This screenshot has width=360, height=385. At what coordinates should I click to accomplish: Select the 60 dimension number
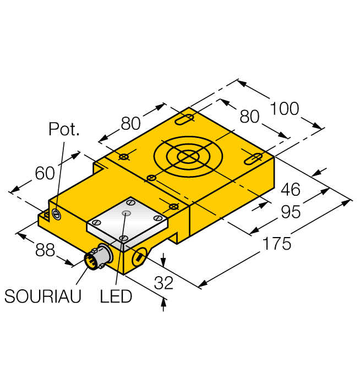coord(45,173)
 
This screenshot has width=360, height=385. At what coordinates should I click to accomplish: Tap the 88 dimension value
coord(45,250)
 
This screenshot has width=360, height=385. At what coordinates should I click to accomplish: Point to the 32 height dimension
coord(163,283)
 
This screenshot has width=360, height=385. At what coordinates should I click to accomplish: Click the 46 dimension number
coord(290,190)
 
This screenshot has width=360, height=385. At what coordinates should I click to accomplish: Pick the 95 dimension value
coord(290,212)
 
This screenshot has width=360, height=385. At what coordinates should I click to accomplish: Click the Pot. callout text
coord(64,130)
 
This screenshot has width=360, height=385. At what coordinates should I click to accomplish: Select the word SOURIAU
coord(43,296)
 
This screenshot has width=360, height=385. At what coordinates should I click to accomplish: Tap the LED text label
coord(116,296)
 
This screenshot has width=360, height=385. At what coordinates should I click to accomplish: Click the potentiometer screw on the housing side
coord(56,213)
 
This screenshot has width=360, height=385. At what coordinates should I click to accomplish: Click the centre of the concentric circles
coord(188,157)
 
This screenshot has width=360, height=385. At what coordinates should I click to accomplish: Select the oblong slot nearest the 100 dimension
coord(185,119)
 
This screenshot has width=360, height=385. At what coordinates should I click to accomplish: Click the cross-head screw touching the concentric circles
coord(150,178)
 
